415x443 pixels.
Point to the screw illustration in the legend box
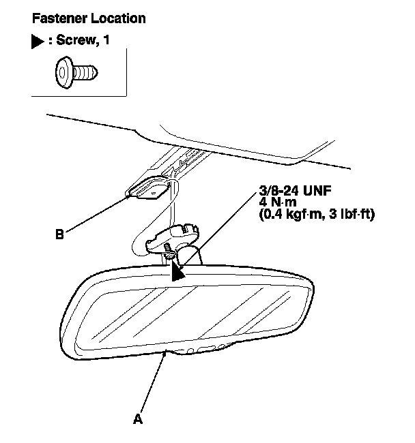[76, 70]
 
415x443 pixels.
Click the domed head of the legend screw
[64, 70]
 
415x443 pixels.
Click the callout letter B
[60, 235]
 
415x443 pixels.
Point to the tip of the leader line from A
[166, 352]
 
